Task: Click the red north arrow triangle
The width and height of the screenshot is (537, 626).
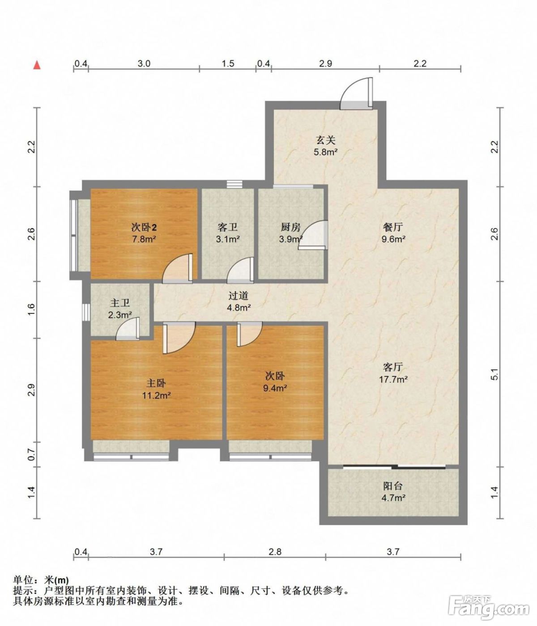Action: click(37, 65)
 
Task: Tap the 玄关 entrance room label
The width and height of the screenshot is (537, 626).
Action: click(326, 140)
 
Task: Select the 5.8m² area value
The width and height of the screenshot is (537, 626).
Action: click(325, 152)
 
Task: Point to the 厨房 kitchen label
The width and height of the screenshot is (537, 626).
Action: click(290, 227)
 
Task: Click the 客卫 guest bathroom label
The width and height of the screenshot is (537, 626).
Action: click(228, 227)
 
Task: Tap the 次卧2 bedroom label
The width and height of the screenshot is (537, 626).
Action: click(144, 227)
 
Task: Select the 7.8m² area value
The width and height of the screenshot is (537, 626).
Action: click(144, 239)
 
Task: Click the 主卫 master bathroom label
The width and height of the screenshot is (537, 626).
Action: click(120, 303)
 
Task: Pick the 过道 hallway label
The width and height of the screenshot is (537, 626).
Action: click(239, 295)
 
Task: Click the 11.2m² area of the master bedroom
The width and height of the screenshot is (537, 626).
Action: click(156, 395)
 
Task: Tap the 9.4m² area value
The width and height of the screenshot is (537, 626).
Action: click(275, 388)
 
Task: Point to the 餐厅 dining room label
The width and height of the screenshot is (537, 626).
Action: click(393, 227)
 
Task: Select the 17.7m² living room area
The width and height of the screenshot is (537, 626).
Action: click(393, 379)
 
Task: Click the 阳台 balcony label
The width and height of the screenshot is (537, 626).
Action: click(393, 486)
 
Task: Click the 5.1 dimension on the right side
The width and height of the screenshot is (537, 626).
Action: click(494, 374)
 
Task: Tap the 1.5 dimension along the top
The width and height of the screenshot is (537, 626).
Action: click(228, 63)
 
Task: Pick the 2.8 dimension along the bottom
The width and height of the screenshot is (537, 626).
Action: click(275, 552)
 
